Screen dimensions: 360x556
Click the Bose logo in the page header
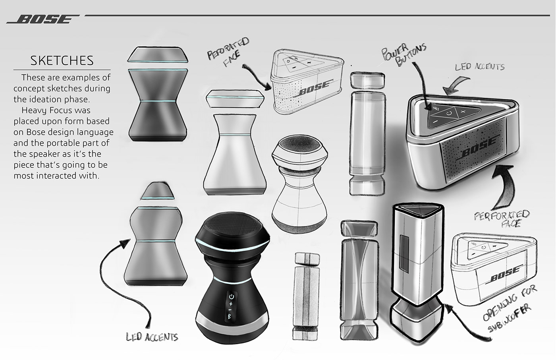pos(42,19)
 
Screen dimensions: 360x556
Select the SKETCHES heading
pos(62,60)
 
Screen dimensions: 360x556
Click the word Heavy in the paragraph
pos(35,110)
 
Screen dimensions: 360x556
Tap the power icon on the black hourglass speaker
pos(232,297)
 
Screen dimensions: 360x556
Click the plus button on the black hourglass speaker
pos(231,304)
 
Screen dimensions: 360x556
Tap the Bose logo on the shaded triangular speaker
pos(478,152)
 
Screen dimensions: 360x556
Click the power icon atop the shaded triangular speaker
pos(448,113)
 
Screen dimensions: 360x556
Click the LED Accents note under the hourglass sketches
pos(152,337)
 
